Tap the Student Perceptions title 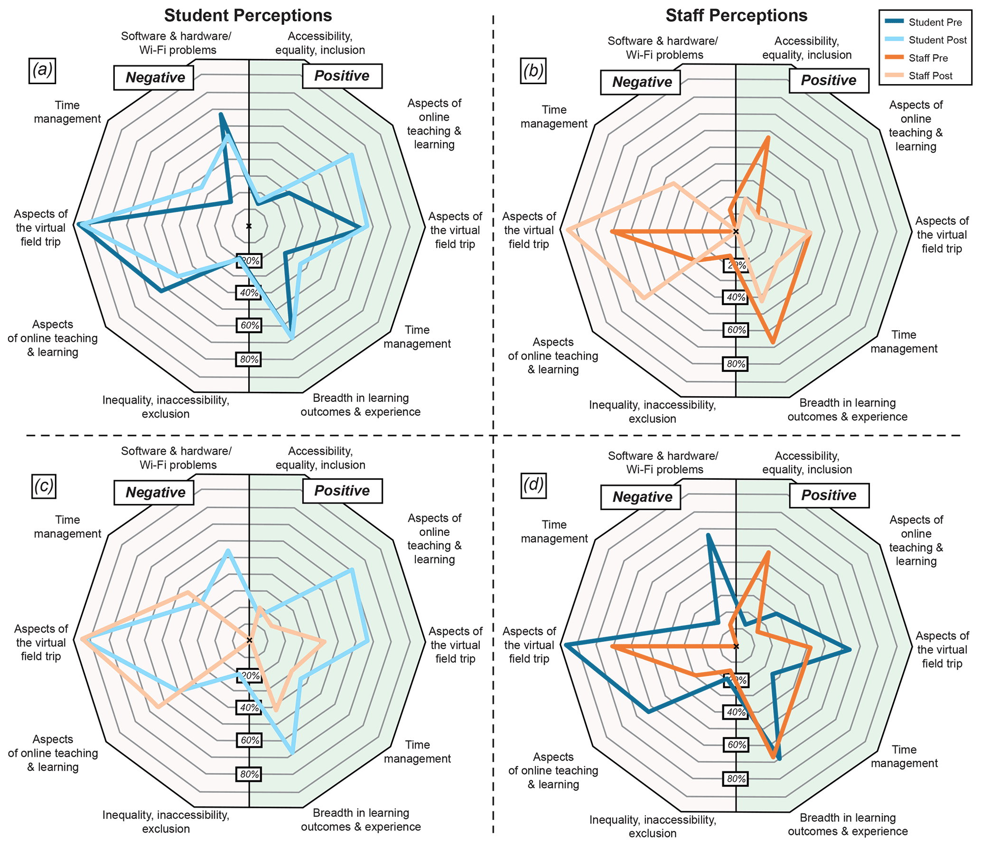248,15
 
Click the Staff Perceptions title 736,15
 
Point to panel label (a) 42,70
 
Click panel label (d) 533,485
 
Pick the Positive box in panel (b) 829,81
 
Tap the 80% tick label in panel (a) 249,359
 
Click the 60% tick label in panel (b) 736,330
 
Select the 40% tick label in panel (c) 249,707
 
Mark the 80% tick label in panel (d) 736,779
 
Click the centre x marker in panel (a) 249,226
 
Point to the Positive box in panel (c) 342,491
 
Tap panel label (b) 533,70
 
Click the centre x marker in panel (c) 249,640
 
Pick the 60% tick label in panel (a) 249,325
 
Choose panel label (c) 43,485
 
